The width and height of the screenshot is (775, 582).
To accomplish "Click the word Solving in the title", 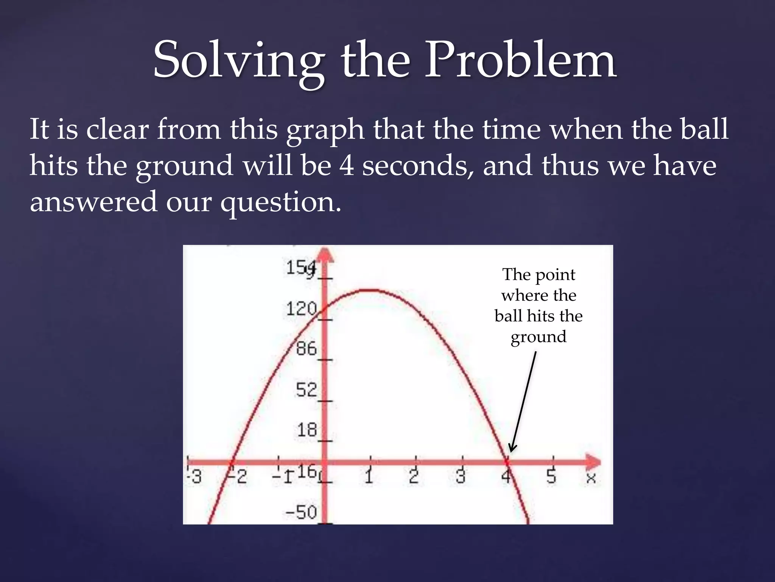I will pos(238,61).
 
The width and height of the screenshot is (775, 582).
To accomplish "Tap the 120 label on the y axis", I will pos(302,309).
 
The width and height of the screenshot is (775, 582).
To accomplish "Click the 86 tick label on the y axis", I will pos(306,349).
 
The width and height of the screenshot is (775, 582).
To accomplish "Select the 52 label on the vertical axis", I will pos(306,390).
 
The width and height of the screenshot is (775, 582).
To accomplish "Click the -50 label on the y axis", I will pos(301,512).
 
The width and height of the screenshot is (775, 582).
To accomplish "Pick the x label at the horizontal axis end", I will pos(591,478).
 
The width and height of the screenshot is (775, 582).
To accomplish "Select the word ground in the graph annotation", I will pos(538,337).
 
